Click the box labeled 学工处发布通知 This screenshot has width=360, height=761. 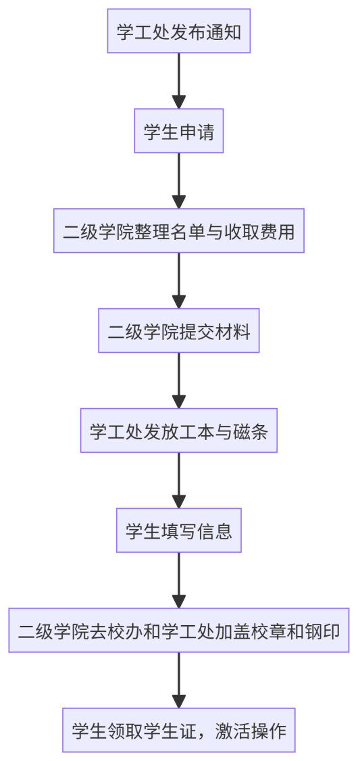point(178,30)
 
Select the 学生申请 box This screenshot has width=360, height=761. point(178,130)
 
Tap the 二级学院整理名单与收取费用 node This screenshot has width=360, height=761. point(178,230)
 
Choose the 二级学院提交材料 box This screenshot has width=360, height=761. point(178,330)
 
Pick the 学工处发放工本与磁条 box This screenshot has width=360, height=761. point(178,431)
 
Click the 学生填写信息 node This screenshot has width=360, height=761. point(178,531)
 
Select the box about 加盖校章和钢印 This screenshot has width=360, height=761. point(178,631)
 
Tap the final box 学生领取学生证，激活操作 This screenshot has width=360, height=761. point(178,731)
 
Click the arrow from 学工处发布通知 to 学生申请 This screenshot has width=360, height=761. point(179,80)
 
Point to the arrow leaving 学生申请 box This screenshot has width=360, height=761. point(179,180)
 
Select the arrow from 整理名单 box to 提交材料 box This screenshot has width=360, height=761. point(179,280)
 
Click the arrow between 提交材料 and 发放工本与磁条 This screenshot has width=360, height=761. point(179,380)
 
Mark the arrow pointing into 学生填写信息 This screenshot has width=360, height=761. point(179,481)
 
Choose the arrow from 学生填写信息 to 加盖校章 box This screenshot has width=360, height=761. point(179,581)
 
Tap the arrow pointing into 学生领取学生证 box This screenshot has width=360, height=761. point(179,681)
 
